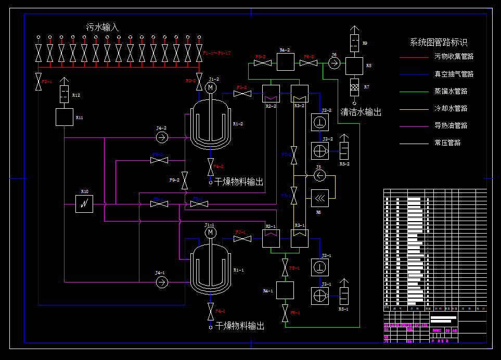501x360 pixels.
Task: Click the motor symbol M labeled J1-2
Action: [211, 88]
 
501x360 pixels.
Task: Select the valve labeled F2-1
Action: [38, 82]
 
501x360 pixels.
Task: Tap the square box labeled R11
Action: [65, 117]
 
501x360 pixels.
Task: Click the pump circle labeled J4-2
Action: [162, 137]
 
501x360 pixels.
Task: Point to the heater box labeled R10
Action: [84, 203]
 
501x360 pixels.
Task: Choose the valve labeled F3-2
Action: [242, 94]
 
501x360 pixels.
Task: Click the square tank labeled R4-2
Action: [285, 62]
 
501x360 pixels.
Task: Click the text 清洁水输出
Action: [361, 112]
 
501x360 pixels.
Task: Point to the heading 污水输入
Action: [102, 27]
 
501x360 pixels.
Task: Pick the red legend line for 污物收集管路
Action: [414, 57]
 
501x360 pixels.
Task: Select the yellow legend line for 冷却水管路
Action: [414, 109]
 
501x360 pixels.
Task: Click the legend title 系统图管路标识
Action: [439, 43]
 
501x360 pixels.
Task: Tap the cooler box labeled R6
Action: [319, 198]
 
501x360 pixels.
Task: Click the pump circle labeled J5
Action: [319, 175]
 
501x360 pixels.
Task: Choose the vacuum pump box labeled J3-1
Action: [319, 295]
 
